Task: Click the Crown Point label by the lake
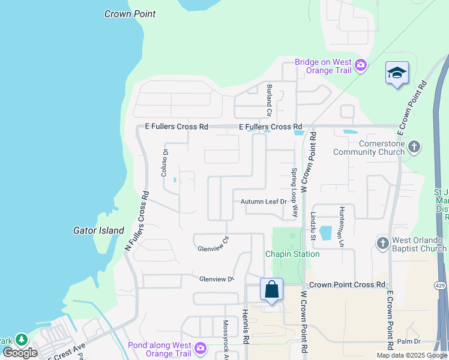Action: pyautogui.click(x=130, y=14)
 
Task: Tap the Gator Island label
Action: pyautogui.click(x=98, y=230)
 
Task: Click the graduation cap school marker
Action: pyautogui.click(x=397, y=73)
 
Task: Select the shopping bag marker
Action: pyautogui.click(x=271, y=289)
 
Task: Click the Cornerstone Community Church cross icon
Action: pyautogui.click(x=414, y=147)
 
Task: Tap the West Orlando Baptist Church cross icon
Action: pyautogui.click(x=383, y=243)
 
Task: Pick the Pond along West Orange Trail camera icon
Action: pyautogui.click(x=200, y=347)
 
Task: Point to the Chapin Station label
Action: pyautogui.click(x=292, y=254)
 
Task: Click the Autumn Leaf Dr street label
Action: pyautogui.click(x=264, y=202)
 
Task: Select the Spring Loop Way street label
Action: pyautogui.click(x=295, y=192)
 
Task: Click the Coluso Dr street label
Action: pyautogui.click(x=163, y=163)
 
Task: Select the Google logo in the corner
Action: pyautogui.click(x=19, y=353)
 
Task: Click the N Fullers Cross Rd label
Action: pyautogui.click(x=137, y=221)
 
